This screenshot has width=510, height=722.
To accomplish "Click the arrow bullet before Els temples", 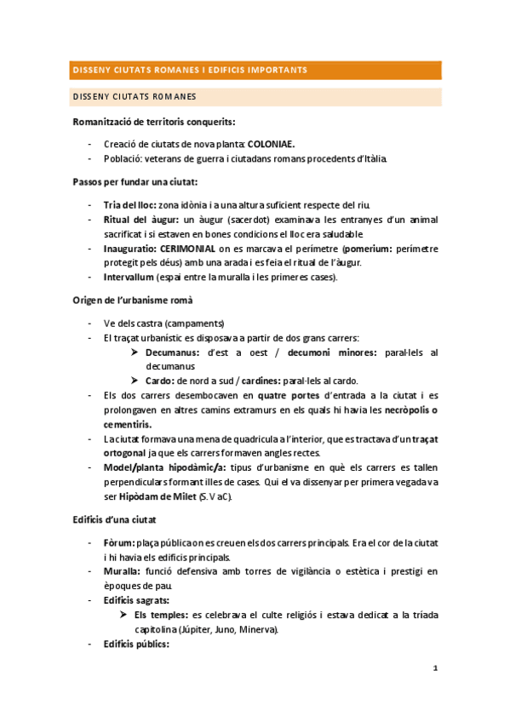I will coord(123,615).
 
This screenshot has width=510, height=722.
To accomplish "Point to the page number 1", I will coord(434,669).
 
